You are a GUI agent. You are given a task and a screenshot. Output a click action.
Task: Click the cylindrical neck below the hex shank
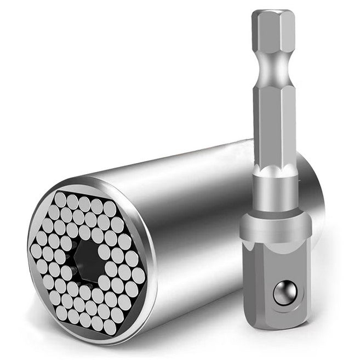[x=275, y=189]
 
